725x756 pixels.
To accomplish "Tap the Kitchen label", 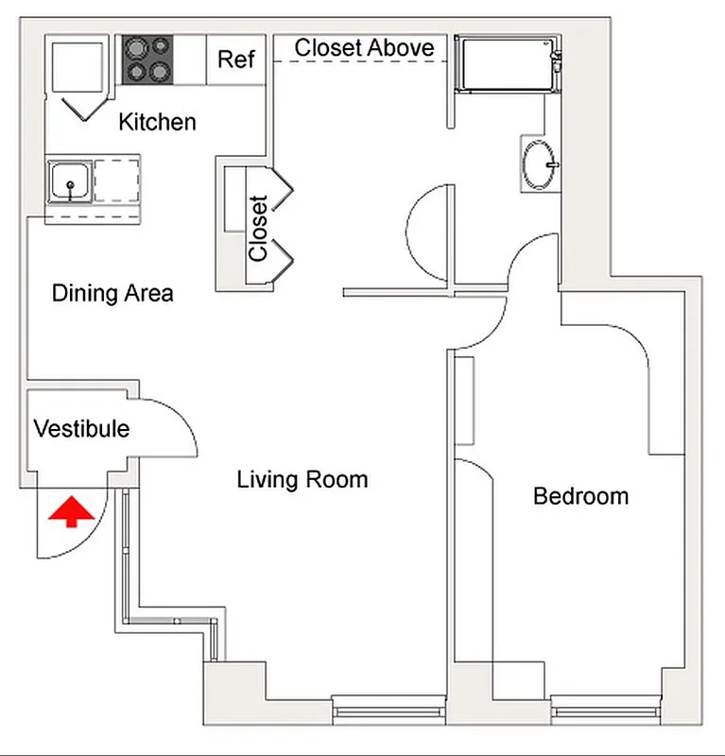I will (157, 122).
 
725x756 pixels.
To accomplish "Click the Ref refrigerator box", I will (235, 60).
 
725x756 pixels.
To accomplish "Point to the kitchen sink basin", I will (70, 180).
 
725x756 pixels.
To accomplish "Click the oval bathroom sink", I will (540, 165).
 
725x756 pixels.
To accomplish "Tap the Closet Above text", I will (364, 47).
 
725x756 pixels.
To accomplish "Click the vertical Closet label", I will (258, 228).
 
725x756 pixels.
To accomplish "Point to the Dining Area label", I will (112, 293).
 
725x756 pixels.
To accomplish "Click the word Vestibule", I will (81, 429).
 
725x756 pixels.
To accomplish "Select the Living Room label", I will (302, 480).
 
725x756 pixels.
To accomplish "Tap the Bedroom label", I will (580, 495).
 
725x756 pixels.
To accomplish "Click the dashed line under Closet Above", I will (359, 62).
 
